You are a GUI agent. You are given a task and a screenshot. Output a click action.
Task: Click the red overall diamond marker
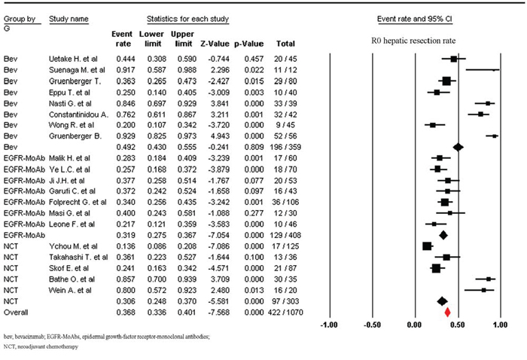447,313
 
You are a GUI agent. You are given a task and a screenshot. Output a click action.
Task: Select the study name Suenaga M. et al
77,70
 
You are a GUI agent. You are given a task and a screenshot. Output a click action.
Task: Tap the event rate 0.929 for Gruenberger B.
126,136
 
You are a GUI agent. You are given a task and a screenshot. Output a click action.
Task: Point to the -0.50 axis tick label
373,325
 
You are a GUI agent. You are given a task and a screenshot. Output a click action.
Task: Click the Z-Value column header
215,44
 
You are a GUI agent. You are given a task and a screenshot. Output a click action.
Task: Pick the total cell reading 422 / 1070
285,313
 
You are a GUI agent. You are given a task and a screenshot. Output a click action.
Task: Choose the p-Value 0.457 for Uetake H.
254,59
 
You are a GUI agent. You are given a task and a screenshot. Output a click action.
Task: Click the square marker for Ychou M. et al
427,246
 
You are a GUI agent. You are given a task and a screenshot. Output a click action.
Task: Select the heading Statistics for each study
187,19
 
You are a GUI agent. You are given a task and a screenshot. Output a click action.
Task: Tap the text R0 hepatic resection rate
413,41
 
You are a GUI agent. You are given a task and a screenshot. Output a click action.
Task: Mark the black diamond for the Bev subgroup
458,147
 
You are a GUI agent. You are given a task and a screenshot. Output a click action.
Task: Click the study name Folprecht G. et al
78,202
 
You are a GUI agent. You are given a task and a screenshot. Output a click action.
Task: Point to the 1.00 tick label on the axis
500,325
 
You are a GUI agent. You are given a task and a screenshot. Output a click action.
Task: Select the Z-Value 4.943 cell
219,136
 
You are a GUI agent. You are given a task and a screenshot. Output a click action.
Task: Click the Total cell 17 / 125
285,246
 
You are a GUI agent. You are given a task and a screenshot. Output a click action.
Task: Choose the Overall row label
16,313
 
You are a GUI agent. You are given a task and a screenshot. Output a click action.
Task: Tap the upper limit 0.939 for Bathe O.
187,279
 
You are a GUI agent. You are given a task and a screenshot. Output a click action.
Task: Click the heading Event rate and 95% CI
414,19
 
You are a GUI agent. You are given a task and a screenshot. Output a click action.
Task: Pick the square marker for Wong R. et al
433,125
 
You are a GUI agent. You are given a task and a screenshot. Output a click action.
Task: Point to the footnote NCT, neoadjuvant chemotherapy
41,346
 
